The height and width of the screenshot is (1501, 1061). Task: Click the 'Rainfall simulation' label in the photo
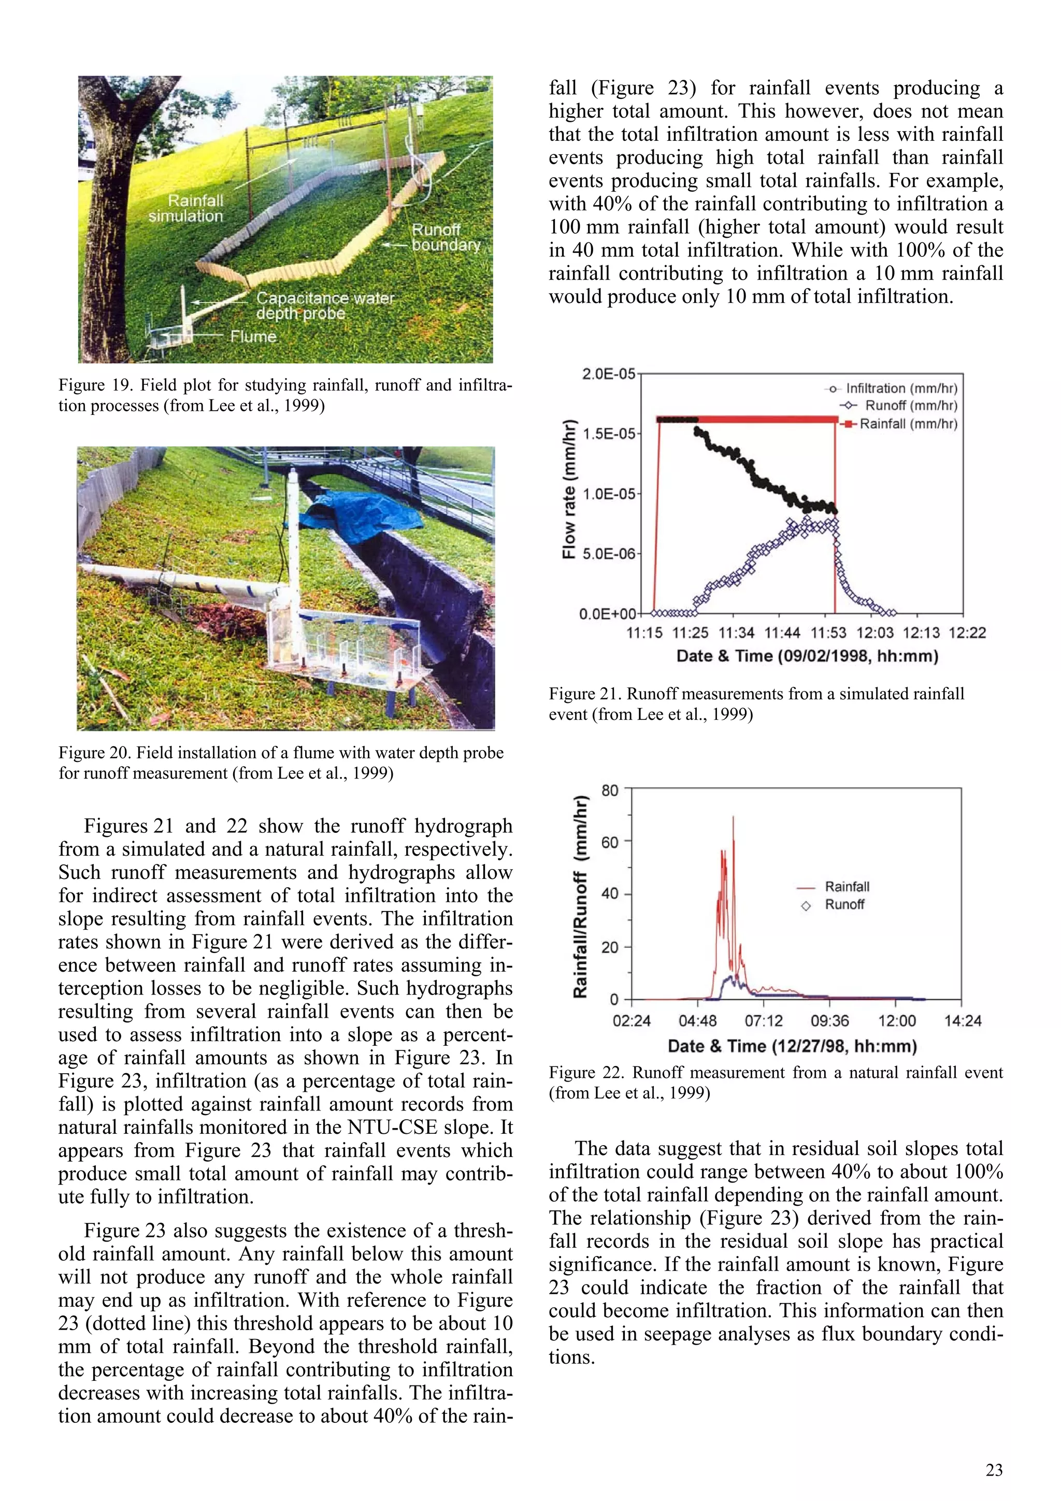pos(185,208)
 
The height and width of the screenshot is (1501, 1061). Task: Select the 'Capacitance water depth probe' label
pos(324,305)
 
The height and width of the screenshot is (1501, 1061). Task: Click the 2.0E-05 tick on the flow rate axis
pos(608,374)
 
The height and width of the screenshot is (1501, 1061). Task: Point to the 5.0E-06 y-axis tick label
pos(608,554)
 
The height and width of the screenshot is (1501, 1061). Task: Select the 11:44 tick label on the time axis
pos(782,633)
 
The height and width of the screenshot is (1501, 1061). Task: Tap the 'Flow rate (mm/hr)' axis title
pos(569,488)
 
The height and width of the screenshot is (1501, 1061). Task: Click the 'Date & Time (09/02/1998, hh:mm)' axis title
pos(807,656)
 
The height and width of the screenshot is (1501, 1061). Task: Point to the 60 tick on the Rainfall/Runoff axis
pos(609,842)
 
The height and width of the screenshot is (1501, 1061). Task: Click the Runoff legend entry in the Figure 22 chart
pos(844,905)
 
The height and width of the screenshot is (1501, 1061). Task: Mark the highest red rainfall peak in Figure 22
pos(733,818)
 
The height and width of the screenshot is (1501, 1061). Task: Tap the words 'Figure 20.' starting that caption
pos(95,753)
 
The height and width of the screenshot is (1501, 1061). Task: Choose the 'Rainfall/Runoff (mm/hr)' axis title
pos(579,896)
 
